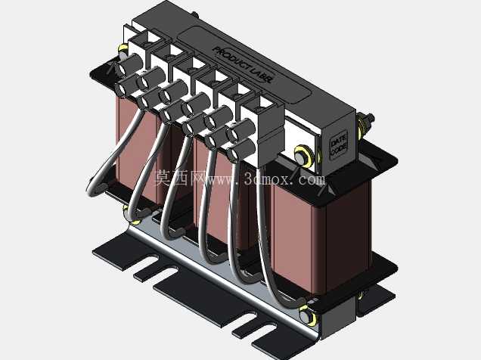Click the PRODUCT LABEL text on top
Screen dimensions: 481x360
click(x=242, y=65)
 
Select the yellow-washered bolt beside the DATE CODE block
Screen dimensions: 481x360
click(x=304, y=156)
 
